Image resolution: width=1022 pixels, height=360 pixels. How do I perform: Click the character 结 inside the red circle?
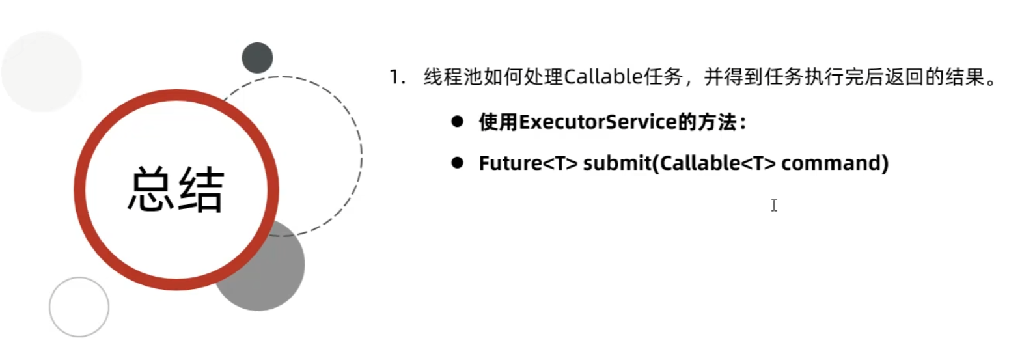tap(201, 189)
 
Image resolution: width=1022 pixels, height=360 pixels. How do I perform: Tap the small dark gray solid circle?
tap(257, 58)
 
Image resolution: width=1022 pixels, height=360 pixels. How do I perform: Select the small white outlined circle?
tap(79, 307)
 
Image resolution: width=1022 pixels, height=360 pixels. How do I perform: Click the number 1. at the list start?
tap(397, 77)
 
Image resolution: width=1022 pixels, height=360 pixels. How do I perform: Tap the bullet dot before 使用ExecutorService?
tap(457, 122)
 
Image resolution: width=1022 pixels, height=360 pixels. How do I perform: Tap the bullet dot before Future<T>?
tap(457, 163)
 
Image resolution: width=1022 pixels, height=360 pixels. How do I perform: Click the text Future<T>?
tap(528, 163)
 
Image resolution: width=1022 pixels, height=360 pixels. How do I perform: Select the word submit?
tap(617, 163)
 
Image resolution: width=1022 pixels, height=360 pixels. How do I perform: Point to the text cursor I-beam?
tap(773, 205)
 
